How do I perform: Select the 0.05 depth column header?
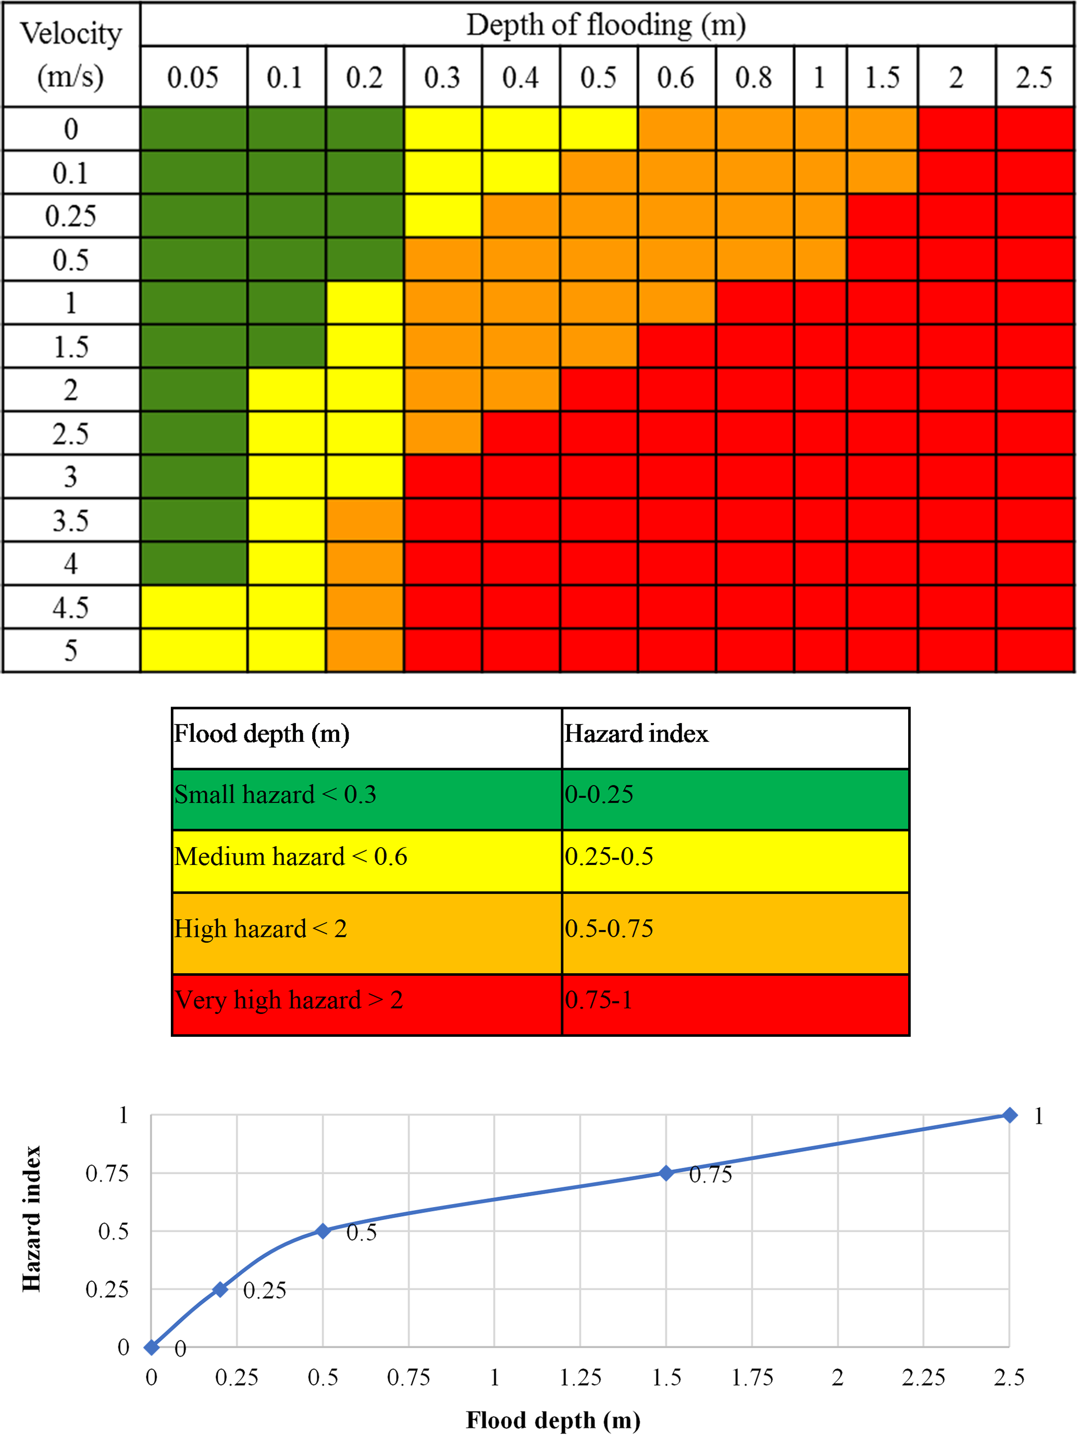pos(193,77)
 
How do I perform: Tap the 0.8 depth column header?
pos(754,77)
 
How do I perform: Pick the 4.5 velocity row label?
pos(71,607)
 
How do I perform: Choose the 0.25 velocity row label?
pos(71,216)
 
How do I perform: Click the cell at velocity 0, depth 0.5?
pos(598,129)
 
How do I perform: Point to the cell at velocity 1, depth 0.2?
pos(365,303)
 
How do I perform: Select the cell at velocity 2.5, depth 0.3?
pos(443,433)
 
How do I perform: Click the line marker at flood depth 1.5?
pos(666,1173)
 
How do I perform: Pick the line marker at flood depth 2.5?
pos(1009,1115)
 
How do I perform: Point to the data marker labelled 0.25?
pos(220,1289)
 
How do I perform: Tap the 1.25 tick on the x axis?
pos(580,1377)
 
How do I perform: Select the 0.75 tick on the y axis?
pos(107,1173)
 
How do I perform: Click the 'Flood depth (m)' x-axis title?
pos(553,1420)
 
